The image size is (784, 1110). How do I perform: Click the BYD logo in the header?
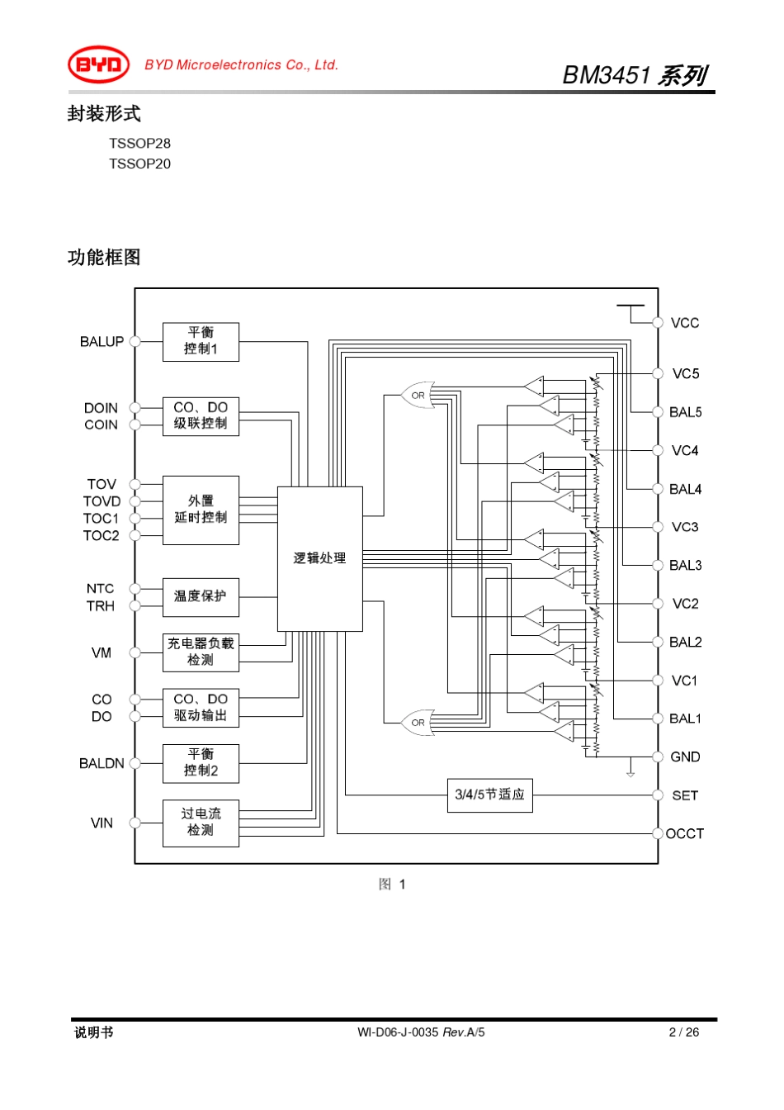tap(98, 64)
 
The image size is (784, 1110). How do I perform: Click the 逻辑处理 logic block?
tap(319, 558)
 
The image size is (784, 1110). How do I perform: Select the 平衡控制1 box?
tap(201, 341)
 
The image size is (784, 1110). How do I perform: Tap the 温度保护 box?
tap(201, 596)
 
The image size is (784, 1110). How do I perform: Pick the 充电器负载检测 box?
tap(201, 652)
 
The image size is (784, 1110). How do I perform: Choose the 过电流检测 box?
tap(201, 823)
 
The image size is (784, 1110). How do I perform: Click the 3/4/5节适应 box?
tap(489, 795)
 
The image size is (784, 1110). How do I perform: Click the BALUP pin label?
tap(102, 341)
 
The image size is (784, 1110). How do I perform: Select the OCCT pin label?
tap(685, 833)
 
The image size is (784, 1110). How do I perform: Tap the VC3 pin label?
tap(685, 527)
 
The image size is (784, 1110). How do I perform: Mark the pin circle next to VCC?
tap(658, 323)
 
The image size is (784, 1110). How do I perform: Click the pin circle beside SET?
tap(658, 795)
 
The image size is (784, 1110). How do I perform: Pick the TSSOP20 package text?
tap(139, 164)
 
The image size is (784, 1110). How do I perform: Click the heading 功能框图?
tap(104, 257)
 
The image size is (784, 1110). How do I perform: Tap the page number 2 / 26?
tap(683, 1032)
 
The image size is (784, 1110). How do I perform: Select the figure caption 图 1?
tap(392, 885)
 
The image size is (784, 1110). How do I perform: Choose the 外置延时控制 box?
tap(201, 510)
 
